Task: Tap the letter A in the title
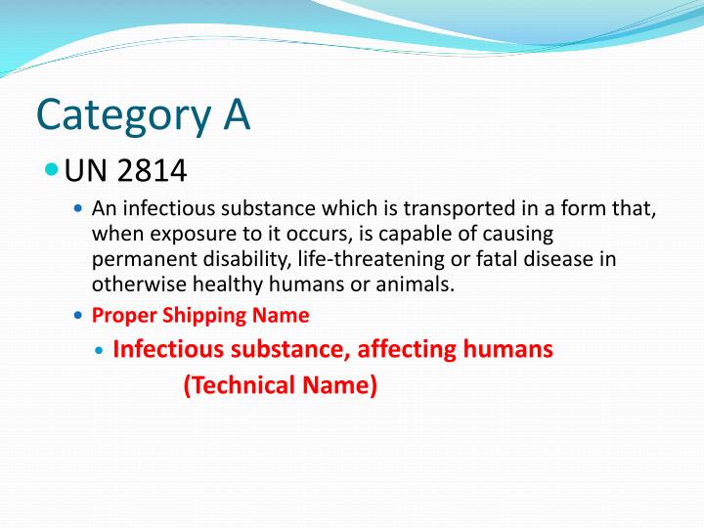[x=234, y=114]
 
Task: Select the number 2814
[x=152, y=171]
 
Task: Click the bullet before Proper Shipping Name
[x=79, y=316]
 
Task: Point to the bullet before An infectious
[x=79, y=209]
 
